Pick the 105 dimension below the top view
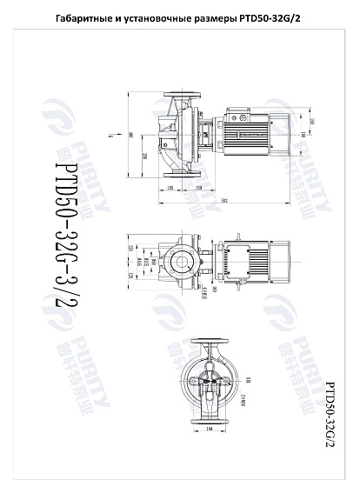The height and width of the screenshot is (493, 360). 170,187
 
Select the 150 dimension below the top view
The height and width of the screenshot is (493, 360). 199,187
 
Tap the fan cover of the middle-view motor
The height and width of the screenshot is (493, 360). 280,260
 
